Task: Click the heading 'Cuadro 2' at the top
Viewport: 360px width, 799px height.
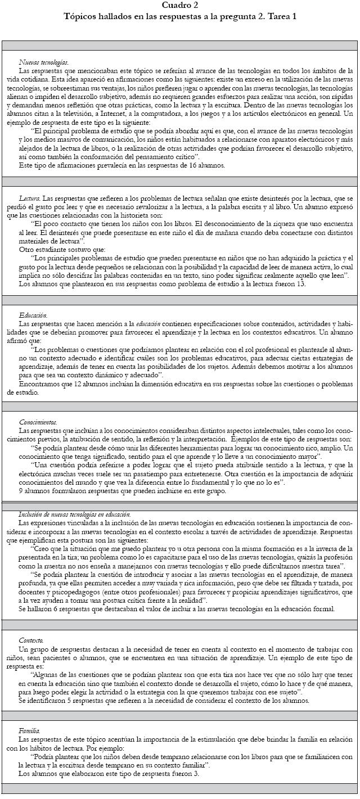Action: pyautogui.click(x=180, y=5)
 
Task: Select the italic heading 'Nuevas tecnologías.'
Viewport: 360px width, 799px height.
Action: pyautogui.click(x=44, y=63)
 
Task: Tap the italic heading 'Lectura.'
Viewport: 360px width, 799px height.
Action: pyautogui.click(x=29, y=200)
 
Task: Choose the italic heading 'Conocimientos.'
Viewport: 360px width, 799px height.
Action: pyautogui.click(x=38, y=422)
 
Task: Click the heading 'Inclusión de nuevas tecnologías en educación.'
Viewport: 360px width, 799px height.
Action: pyautogui.click(x=75, y=514)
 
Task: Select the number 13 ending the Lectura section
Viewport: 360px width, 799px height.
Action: pyautogui.click(x=300, y=284)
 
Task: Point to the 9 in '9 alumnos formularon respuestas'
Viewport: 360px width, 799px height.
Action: pyautogui.click(x=21, y=491)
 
